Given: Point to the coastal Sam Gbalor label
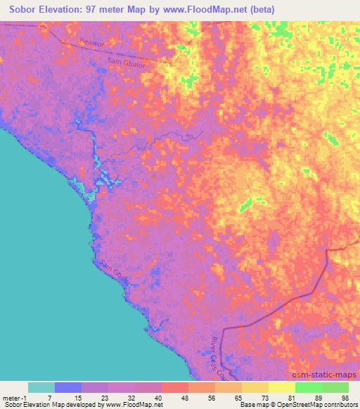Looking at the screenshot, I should pos(116,274).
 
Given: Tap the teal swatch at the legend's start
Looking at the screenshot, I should pos(41,387).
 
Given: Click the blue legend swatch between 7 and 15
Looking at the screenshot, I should pos(68,387).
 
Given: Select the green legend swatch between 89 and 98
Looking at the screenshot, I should pos(335,387).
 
